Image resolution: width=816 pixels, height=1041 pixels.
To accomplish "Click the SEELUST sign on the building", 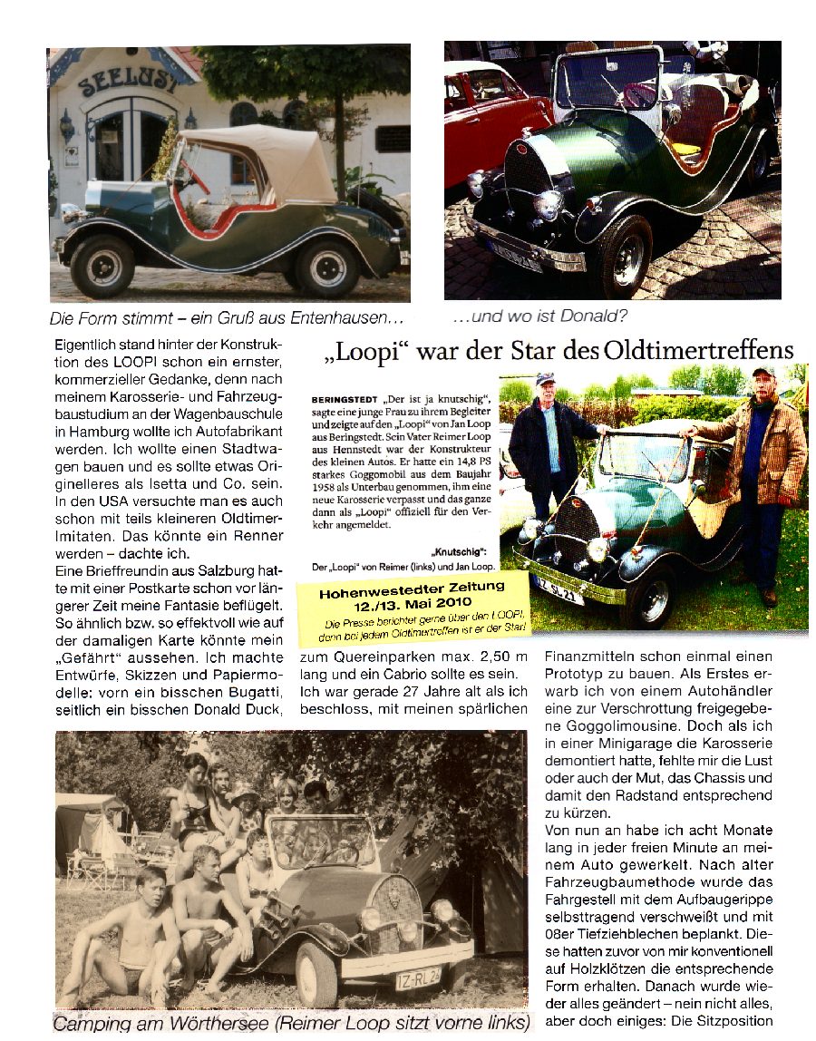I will [127, 83].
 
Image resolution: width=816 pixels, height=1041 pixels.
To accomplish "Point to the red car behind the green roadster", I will [494, 109].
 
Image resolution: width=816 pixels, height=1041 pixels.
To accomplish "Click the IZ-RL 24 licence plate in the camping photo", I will [418, 978].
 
